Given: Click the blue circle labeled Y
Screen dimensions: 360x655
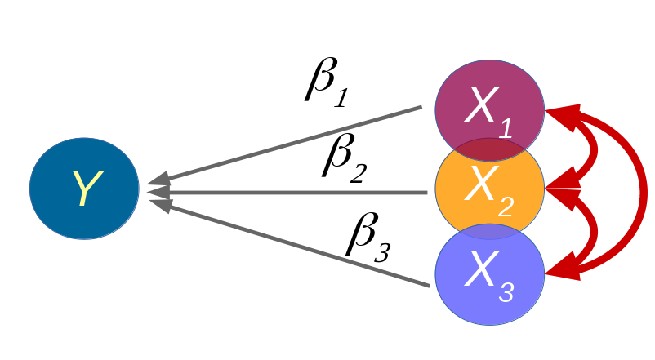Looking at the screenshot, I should [83, 188].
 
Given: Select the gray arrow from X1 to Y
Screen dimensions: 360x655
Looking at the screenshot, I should [286, 144].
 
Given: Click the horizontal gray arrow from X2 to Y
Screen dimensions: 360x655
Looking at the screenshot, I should [286, 193].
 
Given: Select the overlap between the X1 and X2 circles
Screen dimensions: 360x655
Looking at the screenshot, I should [489, 149].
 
